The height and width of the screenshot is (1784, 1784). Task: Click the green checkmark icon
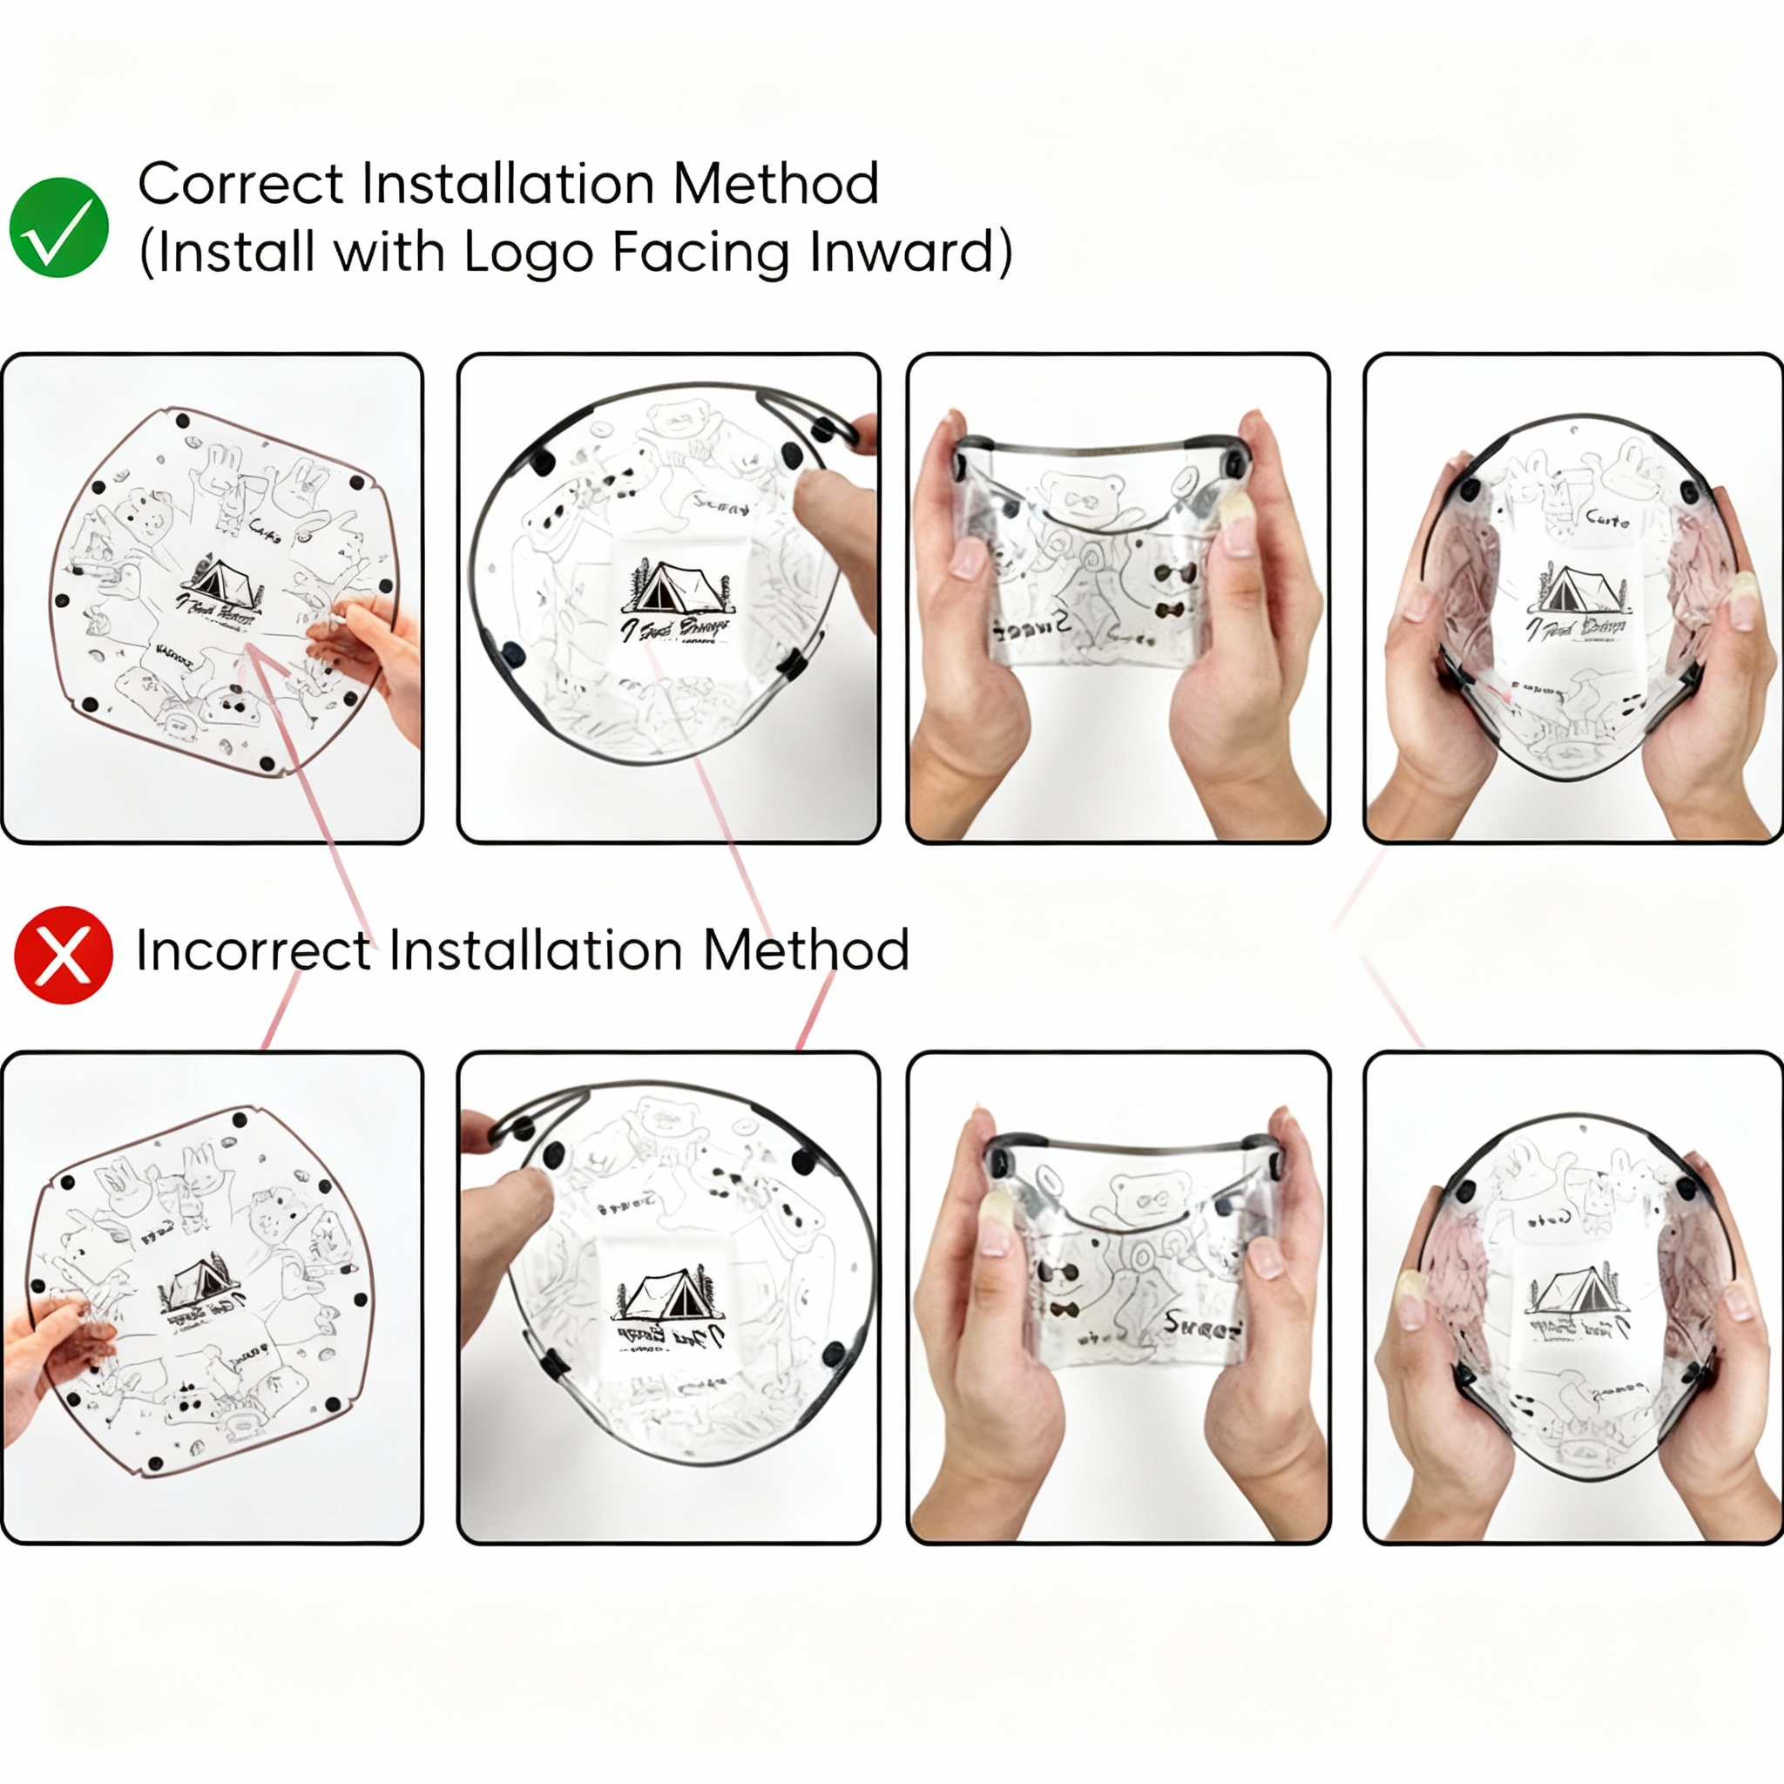coord(59,227)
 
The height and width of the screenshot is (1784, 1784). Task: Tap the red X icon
coord(63,955)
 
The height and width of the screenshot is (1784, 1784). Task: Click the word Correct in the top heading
coord(241,184)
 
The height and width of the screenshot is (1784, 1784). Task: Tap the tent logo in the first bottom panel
coord(200,1287)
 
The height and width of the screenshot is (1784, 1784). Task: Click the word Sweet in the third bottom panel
coord(1200,1328)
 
